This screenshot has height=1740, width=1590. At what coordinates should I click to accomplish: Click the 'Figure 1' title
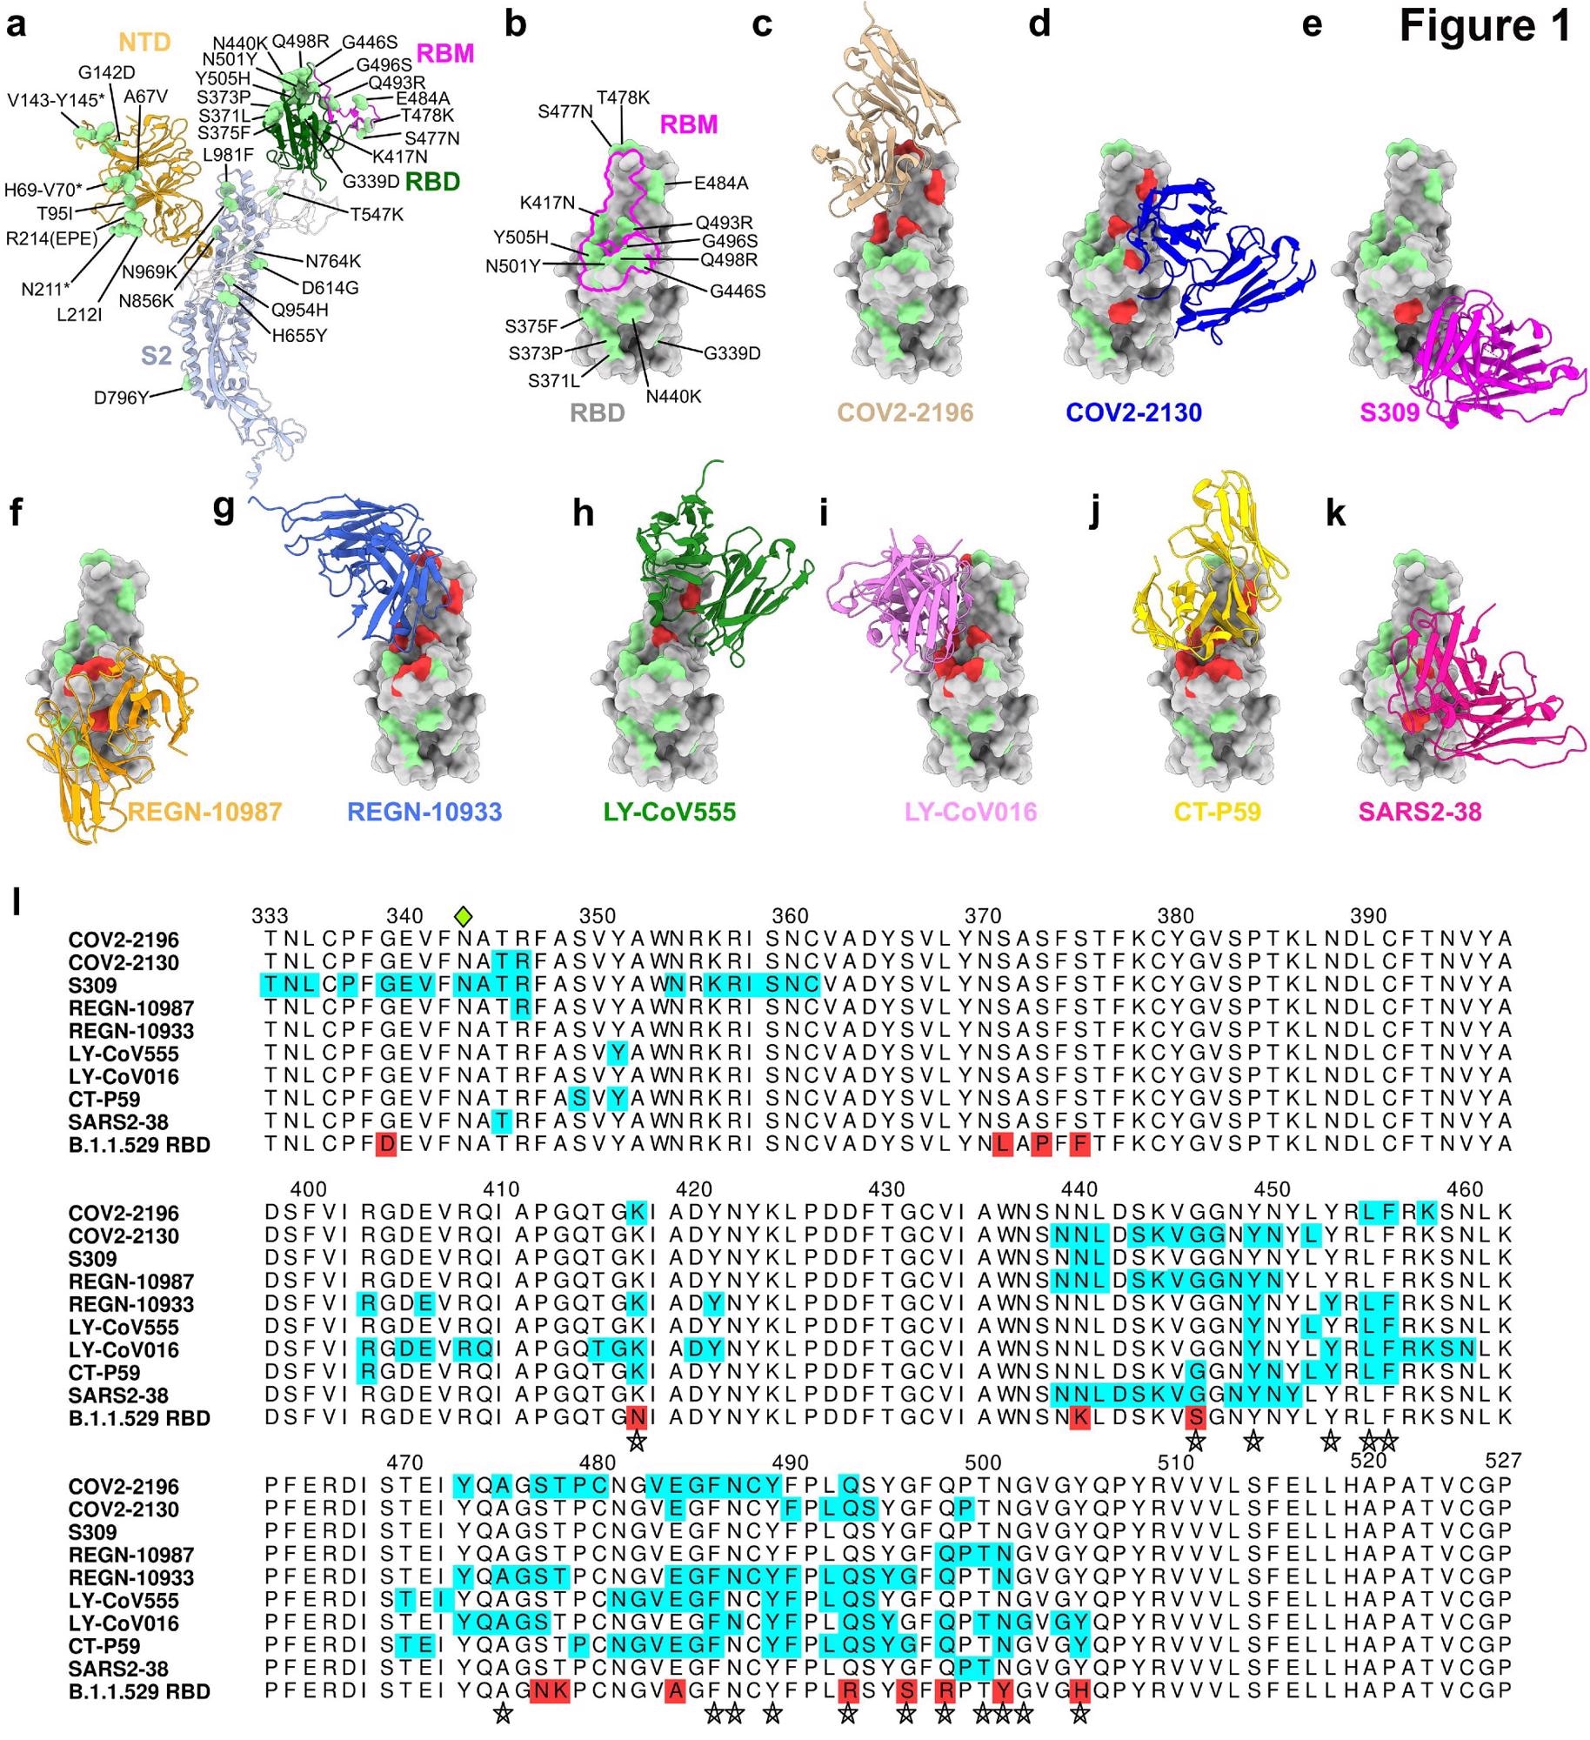(1485, 26)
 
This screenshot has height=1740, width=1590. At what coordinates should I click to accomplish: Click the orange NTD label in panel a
(144, 42)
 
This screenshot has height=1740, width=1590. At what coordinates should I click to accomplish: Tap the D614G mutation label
(331, 287)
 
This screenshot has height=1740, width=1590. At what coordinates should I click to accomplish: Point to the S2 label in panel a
(157, 355)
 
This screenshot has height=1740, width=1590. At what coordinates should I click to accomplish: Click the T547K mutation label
(377, 214)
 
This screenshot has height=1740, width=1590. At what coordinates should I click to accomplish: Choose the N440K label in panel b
(673, 397)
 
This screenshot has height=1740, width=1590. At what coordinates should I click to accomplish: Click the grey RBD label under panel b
(598, 412)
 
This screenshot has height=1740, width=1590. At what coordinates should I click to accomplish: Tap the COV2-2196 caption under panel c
(905, 412)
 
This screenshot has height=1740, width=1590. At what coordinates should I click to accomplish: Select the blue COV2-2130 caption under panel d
(1134, 412)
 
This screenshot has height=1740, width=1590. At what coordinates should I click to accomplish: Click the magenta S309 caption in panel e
(1389, 412)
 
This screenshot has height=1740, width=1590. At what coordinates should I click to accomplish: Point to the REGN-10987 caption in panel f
(205, 812)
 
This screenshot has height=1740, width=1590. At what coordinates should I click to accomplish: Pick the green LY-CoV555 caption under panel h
(670, 812)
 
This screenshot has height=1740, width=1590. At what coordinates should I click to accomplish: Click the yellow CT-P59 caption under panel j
(1218, 812)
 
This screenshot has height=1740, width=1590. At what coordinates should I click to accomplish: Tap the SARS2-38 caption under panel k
(1420, 812)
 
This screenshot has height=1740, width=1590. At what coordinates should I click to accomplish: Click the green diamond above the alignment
(464, 915)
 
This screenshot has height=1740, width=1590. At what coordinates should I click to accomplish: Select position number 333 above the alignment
(270, 916)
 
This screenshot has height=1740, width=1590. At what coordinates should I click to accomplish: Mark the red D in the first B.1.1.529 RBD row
(386, 1145)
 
